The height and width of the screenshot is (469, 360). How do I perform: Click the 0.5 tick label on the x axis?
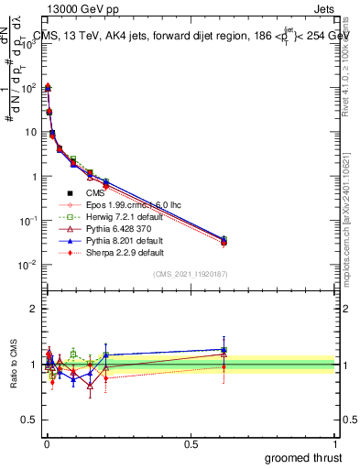[x=191, y=443]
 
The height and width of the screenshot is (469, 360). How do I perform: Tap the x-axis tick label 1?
[x=335, y=443]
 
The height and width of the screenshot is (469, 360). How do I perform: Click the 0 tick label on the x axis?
[x=47, y=443]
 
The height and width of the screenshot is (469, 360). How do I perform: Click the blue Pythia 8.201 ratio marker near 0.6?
[x=224, y=349]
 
